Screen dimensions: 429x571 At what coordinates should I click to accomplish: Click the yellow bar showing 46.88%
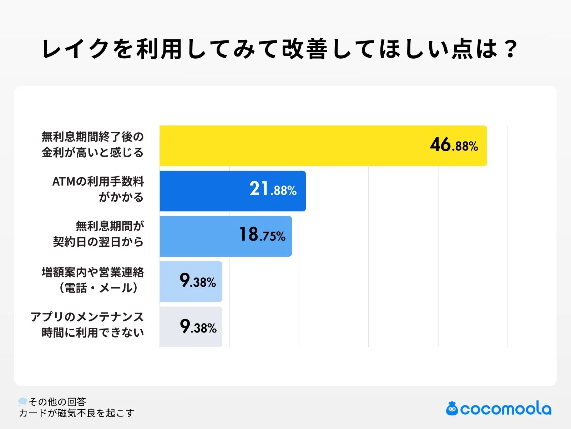(x=293, y=146)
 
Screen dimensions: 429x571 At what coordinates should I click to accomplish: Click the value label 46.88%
(x=454, y=146)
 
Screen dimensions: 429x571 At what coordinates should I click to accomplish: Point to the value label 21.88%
(x=273, y=189)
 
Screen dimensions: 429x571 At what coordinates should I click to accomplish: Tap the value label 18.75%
(x=262, y=235)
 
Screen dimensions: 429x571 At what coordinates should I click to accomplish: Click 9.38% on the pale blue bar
(x=198, y=281)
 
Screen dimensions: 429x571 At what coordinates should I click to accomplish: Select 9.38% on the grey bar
(x=198, y=326)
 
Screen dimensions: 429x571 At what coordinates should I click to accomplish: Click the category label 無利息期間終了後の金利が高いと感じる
(x=92, y=145)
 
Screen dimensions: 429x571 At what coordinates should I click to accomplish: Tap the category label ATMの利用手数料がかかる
(x=98, y=189)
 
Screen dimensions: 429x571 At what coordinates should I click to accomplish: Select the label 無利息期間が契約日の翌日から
(x=98, y=234)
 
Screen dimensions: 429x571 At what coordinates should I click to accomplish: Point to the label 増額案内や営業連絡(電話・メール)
(x=93, y=280)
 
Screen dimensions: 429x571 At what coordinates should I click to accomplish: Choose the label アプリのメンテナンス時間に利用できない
(x=87, y=325)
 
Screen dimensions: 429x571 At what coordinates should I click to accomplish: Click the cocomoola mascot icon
(x=452, y=409)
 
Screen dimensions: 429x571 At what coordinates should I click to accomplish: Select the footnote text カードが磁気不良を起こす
(x=76, y=413)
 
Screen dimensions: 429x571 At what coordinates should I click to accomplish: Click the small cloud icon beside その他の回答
(x=23, y=401)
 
